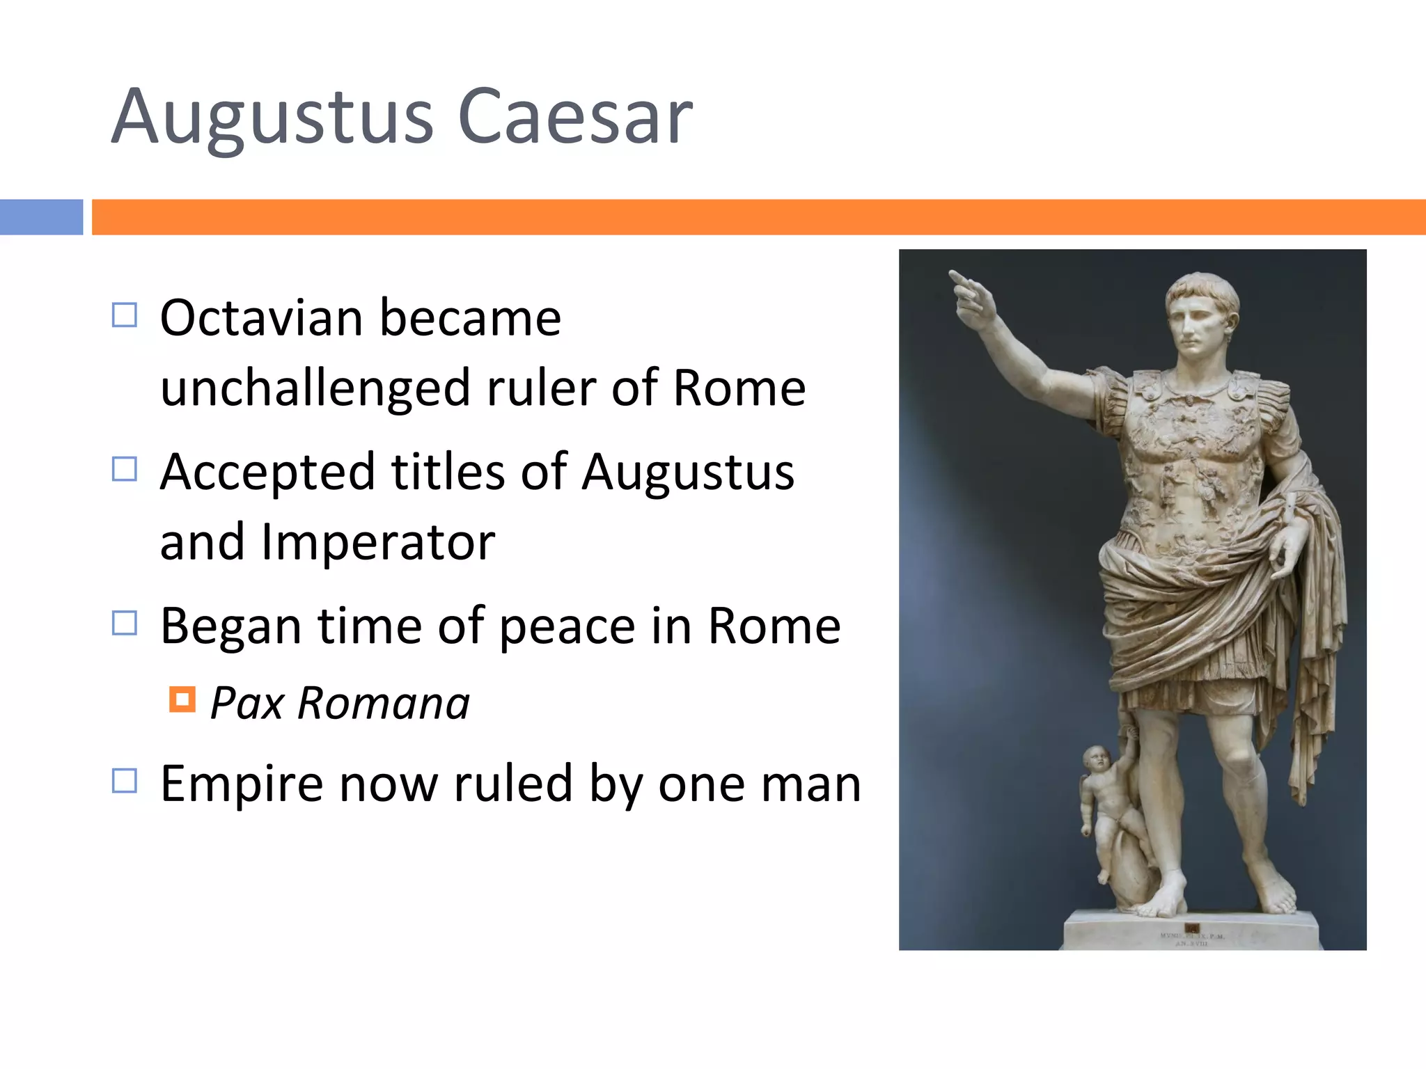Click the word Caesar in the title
(x=575, y=117)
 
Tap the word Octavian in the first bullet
(x=261, y=318)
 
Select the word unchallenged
(x=315, y=388)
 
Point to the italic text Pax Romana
(x=340, y=703)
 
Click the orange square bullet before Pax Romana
(x=182, y=699)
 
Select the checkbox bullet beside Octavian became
(x=125, y=315)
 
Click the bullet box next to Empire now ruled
(x=125, y=781)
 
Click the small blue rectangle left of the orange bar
(x=41, y=217)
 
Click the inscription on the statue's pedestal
(x=1192, y=939)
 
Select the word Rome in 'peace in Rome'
(x=774, y=626)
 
